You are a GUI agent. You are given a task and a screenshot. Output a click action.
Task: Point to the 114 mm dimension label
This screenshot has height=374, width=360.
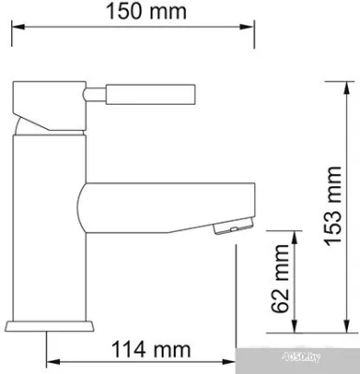click(142, 352)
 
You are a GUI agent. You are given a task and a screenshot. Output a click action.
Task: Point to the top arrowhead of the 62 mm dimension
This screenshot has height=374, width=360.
click(295, 235)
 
